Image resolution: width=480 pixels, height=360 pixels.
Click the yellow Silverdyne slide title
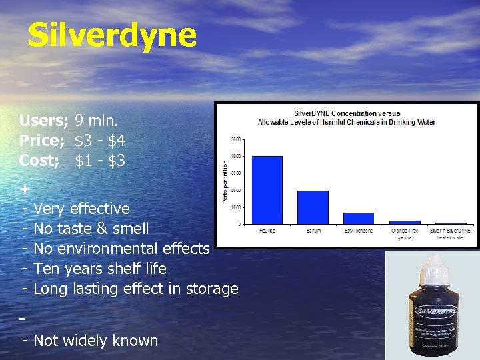112,36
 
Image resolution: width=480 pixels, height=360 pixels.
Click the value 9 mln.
97,121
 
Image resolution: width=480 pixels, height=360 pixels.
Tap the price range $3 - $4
100,141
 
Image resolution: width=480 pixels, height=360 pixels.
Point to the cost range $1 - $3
100,161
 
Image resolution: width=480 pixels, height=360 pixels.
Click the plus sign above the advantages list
25,189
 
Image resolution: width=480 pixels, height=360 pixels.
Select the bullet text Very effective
81,209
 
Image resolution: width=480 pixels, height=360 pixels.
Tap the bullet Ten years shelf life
100,269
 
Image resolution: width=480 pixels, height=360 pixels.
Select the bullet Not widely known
95,341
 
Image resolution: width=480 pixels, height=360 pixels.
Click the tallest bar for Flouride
267,189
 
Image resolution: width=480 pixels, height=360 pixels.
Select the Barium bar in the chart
313,207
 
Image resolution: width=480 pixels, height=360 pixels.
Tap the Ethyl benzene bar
358,218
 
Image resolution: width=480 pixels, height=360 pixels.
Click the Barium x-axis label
313,231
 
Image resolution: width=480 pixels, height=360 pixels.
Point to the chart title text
347,117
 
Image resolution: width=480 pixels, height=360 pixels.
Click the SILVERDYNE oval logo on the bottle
433,311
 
